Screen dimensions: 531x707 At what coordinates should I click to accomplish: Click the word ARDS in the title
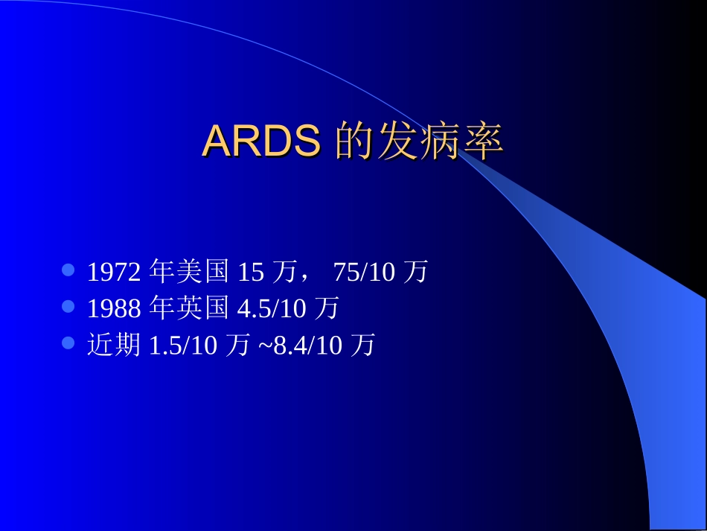click(261, 141)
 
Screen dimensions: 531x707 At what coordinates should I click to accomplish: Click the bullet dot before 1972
click(68, 270)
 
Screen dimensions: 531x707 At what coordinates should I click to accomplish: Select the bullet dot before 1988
click(68, 306)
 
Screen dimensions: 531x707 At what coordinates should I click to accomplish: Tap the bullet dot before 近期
click(68, 343)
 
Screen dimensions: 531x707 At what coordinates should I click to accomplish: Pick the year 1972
click(114, 273)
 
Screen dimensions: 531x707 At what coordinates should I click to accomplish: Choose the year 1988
click(114, 308)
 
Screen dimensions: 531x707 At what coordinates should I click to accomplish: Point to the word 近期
click(114, 345)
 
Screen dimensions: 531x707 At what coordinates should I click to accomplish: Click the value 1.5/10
click(183, 346)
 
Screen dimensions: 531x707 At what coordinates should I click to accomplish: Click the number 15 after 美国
click(251, 273)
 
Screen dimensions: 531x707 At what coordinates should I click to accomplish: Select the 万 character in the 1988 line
click(326, 308)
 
